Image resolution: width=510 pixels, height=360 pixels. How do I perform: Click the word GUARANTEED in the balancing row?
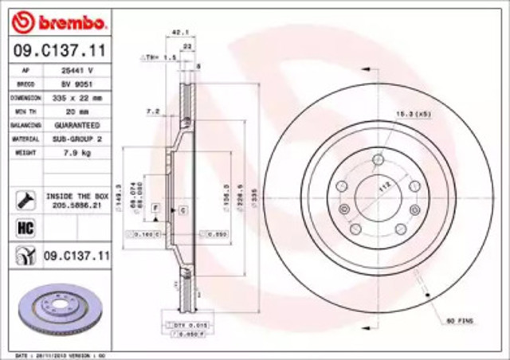77,125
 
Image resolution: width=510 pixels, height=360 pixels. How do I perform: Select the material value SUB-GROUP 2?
77,139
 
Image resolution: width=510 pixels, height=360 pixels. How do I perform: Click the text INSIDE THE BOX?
76,194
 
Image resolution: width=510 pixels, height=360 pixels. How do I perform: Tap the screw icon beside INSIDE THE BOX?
23,198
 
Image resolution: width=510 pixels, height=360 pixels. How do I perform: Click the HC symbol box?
23,228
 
